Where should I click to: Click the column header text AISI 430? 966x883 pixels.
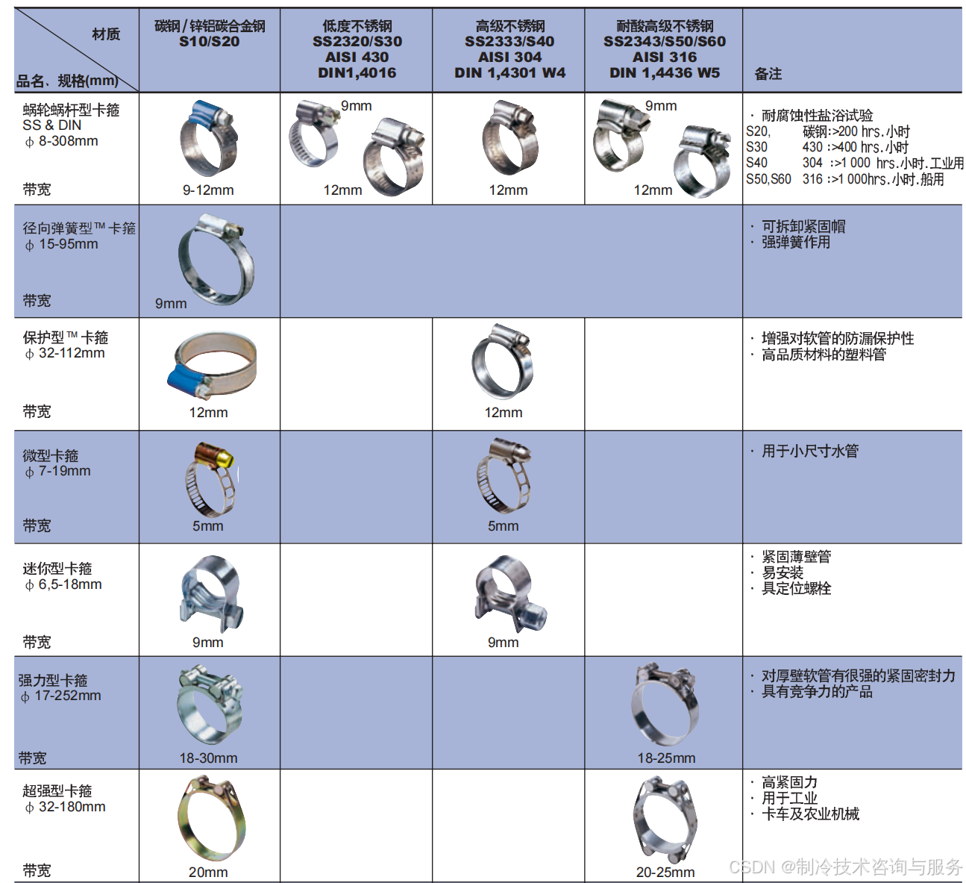point(357,57)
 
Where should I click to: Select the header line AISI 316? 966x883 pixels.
point(665,57)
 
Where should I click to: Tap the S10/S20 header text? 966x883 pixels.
point(209,42)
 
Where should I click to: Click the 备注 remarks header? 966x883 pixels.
point(768,74)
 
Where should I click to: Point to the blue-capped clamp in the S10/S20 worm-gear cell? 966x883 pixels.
point(209,138)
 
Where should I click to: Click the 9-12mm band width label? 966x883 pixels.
point(208,190)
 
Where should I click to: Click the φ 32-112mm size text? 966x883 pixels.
point(65,353)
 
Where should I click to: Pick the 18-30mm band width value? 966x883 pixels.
point(209,758)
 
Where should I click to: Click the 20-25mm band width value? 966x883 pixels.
point(665,873)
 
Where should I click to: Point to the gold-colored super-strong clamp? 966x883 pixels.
point(211,818)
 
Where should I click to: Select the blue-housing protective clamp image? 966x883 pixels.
point(212,365)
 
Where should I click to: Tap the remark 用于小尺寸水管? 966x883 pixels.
point(810,451)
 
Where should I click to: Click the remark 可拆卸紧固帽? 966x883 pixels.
point(803,226)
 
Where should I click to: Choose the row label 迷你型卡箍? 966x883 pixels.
point(57,569)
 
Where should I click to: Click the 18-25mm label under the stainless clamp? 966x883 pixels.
point(666,758)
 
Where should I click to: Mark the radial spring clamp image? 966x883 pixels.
point(216,259)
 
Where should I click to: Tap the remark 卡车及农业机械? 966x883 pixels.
point(810,814)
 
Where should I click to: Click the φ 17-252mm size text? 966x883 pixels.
point(60,696)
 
